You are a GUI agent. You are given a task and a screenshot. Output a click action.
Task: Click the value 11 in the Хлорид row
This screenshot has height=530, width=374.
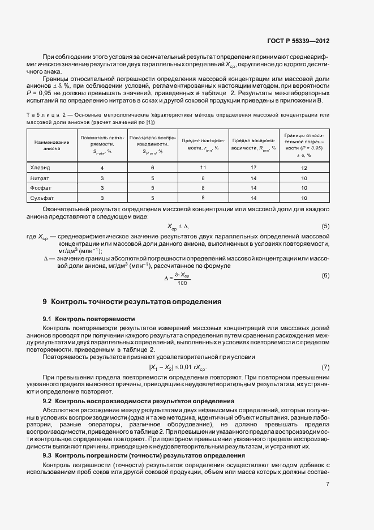203,168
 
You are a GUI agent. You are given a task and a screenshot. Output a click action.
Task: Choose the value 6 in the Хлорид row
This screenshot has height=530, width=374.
152,168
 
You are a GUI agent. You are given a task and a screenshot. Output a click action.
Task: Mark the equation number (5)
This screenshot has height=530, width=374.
325,226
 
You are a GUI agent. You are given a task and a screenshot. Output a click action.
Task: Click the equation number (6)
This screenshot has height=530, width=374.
325,275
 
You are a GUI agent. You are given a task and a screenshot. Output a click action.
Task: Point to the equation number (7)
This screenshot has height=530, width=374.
325,368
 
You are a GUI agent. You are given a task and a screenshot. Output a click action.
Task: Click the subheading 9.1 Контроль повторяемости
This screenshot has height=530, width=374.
89,318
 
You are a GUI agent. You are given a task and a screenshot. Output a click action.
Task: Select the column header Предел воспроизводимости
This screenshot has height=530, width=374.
253,144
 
